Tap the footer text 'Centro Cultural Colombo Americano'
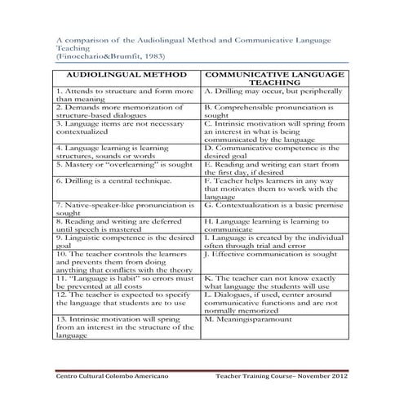point(109,376)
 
